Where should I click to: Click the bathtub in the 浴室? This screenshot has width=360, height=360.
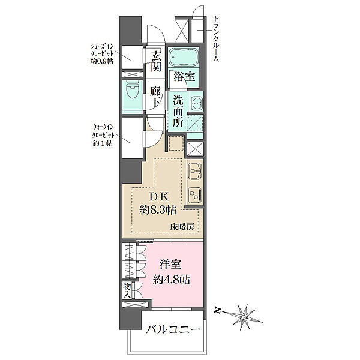pos(184,58)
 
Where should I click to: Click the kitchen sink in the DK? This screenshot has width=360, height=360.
pos(194,171)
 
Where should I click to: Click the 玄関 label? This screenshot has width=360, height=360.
pos(156,61)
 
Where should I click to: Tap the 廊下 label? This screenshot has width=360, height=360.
pos(155,97)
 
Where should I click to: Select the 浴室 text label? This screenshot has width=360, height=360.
pos(184,76)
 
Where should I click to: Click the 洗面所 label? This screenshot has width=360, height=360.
pos(178,111)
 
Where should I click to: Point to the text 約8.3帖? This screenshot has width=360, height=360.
pos(158,210)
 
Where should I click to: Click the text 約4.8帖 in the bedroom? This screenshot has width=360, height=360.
pos(171,280)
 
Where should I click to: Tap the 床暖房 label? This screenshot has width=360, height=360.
pos(182,227)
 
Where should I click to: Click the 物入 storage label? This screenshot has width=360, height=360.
pos(127,290)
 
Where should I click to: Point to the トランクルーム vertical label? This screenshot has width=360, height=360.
pos(215,38)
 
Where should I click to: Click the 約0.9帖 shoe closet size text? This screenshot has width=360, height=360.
pos(101,61)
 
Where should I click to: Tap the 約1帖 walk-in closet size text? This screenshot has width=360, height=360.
pos(103,143)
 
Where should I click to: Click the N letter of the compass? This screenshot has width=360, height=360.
pos(216,311)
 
